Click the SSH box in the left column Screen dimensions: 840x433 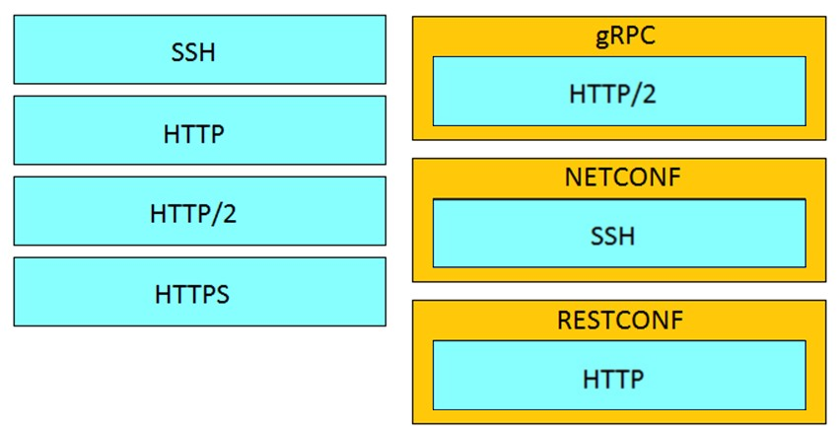point(199,49)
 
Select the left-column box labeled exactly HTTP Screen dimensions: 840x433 point(199,130)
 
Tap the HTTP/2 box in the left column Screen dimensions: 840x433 point(199,211)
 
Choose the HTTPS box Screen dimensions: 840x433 point(199,292)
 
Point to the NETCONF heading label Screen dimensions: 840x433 point(622,178)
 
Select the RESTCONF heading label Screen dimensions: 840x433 point(620,320)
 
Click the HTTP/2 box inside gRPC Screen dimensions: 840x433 point(619,91)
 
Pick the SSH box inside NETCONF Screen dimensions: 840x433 point(619,233)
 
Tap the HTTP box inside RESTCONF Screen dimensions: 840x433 point(619,375)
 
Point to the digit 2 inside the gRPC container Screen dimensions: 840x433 point(648,94)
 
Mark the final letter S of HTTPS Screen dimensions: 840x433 point(222,295)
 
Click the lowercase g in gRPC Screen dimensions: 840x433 point(603,39)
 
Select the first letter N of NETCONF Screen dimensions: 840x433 point(574,178)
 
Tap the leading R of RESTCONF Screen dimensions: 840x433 point(565,320)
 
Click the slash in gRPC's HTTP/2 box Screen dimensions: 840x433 point(634,95)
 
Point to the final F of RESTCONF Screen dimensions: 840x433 point(677,320)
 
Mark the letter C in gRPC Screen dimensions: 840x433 point(647,36)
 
